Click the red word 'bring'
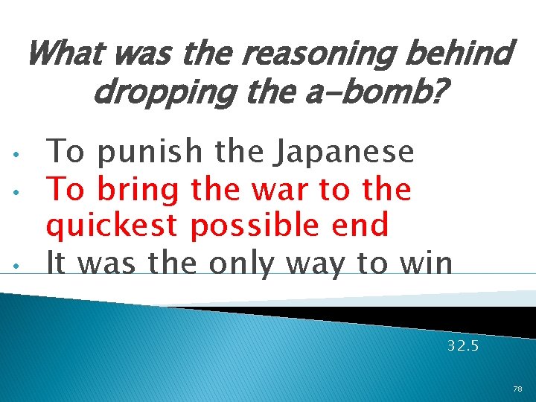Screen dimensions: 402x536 [x=138, y=190]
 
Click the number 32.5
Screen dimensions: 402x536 [x=463, y=346]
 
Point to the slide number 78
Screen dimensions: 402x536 [x=517, y=389]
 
